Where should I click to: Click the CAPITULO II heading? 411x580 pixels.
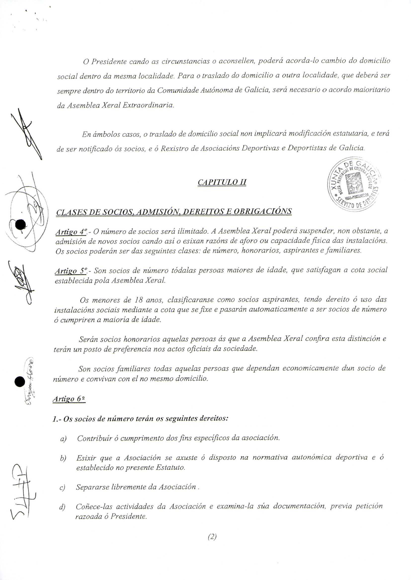pos(222,183)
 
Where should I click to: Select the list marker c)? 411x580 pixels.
pos(62,487)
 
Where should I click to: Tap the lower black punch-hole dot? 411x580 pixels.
pos(20,381)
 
